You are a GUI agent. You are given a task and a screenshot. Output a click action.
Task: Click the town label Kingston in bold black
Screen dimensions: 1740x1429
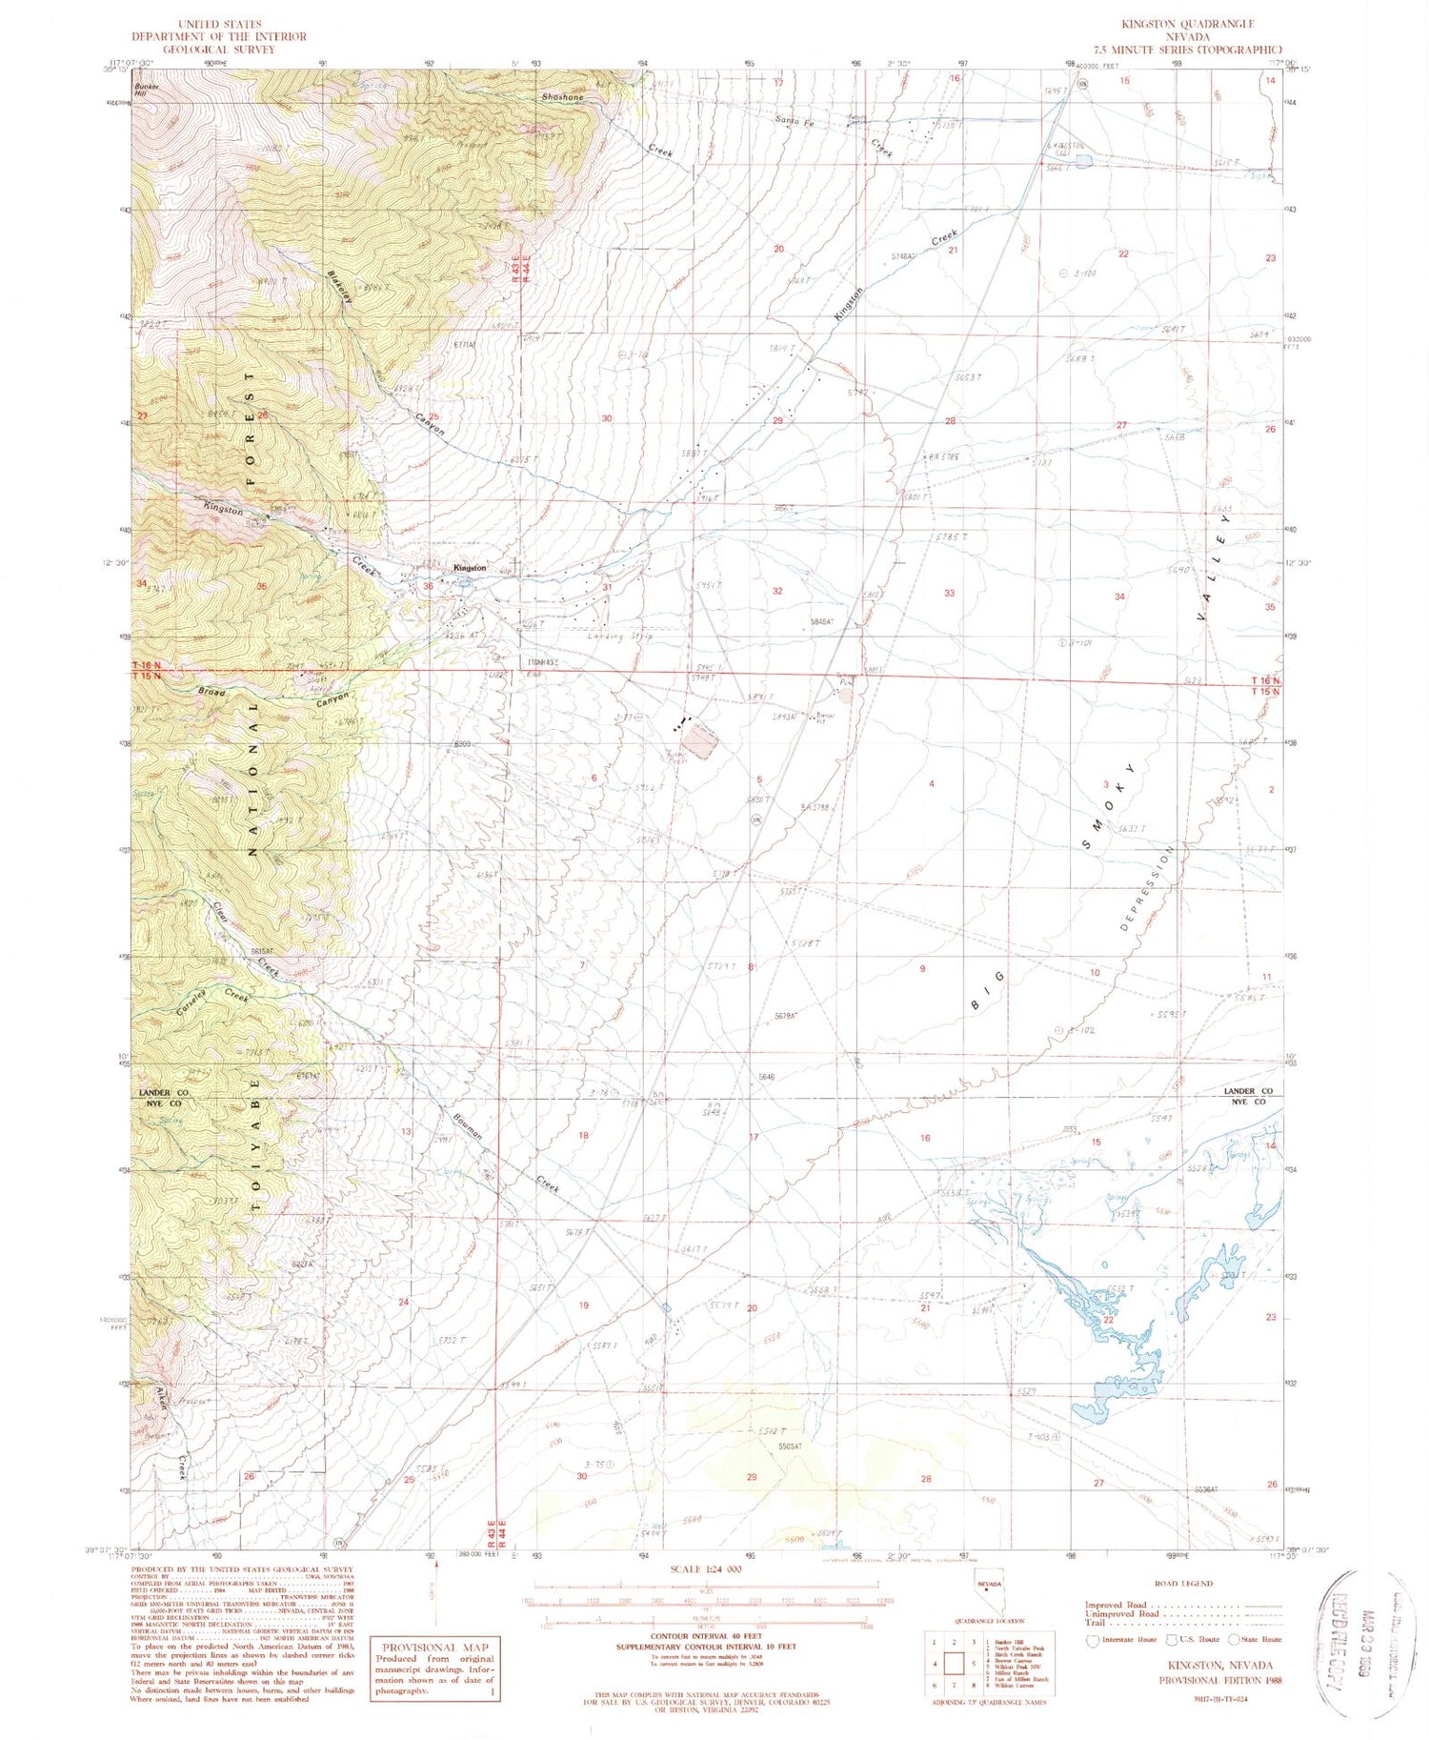[x=470, y=568]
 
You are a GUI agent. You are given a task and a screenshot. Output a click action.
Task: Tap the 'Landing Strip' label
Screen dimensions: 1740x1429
[x=621, y=637]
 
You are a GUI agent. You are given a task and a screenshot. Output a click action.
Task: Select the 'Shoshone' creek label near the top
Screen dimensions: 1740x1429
[x=562, y=97]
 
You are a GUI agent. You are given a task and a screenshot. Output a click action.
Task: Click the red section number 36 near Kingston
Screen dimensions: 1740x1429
[x=428, y=586]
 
